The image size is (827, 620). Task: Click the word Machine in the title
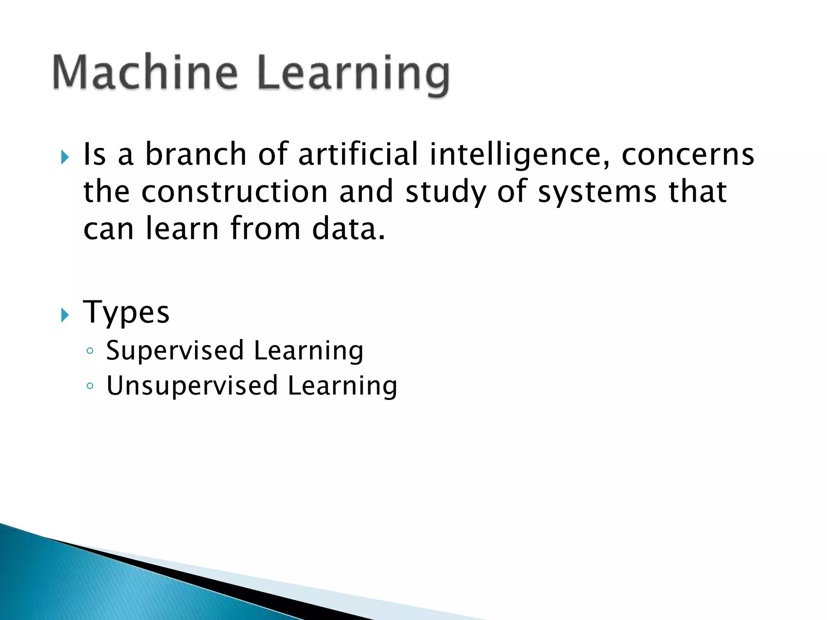(x=145, y=73)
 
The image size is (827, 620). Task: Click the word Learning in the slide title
(x=353, y=75)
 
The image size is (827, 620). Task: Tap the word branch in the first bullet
(x=195, y=155)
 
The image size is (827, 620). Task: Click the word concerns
(x=688, y=155)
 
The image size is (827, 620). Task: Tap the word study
(x=445, y=192)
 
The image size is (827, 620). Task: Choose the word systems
(x=597, y=192)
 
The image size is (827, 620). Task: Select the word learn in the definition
(x=182, y=228)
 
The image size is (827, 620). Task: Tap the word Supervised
(x=175, y=350)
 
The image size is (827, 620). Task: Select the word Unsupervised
(x=192, y=385)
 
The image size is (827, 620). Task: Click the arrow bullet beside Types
(x=65, y=314)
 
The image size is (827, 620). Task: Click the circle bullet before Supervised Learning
(x=90, y=351)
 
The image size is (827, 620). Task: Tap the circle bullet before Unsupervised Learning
(x=90, y=386)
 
